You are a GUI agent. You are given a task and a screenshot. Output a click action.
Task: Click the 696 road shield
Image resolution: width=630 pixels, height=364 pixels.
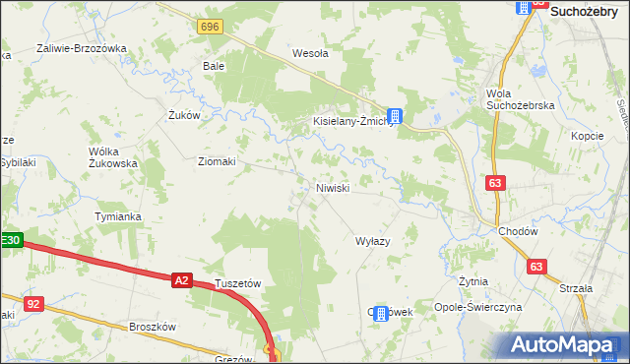pos(208,27)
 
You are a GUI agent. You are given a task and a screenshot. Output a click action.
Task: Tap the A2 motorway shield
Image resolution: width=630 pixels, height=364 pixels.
pos(180,280)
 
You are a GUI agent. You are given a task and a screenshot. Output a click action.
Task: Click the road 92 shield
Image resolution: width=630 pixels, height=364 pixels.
pos(33,304)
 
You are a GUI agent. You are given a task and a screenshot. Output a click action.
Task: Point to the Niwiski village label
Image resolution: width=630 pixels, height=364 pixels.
pos(333,188)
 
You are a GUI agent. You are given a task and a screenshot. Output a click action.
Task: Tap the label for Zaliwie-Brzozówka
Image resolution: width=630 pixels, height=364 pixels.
pos(83,48)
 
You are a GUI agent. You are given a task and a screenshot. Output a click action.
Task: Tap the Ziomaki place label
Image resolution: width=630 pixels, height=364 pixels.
pos(217,162)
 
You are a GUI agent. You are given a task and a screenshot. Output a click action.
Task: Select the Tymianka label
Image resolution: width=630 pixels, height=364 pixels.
pos(118,216)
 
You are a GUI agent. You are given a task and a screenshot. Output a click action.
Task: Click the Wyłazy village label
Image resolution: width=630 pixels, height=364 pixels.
pos(373,241)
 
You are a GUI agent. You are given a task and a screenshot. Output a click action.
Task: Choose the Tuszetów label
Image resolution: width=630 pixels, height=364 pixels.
pos(237,283)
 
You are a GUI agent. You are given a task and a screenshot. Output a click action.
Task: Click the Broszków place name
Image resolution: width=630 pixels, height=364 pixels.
pos(152,328)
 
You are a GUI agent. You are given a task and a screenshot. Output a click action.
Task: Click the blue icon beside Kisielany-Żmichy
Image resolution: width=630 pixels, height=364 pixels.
pos(394,115)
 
